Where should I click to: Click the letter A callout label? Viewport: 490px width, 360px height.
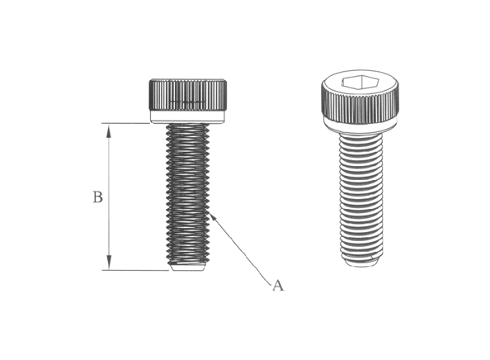click(278, 286)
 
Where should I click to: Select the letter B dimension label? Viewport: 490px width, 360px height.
click(97, 198)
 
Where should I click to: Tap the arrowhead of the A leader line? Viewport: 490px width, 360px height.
click(213, 216)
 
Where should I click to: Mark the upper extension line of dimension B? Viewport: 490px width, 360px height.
click(132, 124)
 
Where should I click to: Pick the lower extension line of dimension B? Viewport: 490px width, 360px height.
click(136, 270)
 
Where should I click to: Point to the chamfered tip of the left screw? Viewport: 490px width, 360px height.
click(189, 268)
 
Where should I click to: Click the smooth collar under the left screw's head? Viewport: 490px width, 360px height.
click(188, 118)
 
